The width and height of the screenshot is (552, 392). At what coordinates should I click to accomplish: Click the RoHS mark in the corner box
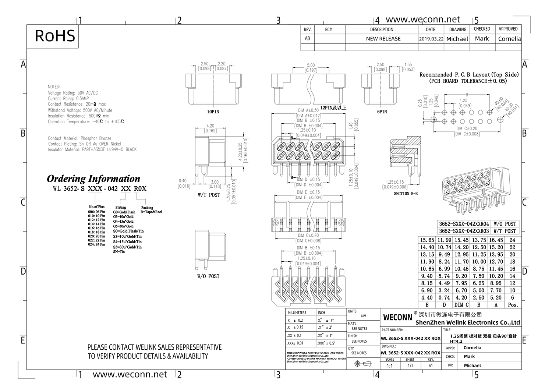click(55, 36)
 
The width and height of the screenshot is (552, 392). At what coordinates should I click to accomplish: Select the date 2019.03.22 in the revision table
click(431, 39)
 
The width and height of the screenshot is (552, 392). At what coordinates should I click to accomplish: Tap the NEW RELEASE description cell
click(383, 39)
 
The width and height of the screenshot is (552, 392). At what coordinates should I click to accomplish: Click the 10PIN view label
click(213, 112)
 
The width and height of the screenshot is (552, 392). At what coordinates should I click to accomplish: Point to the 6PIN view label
click(382, 112)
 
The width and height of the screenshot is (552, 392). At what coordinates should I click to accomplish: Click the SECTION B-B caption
click(406, 193)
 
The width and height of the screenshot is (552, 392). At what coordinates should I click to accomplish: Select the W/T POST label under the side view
click(209, 195)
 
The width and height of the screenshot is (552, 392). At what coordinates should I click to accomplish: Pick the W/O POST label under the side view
click(208, 276)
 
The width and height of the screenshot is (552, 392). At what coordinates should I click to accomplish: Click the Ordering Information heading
click(93, 179)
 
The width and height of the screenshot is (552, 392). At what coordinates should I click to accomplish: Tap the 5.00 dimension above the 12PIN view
click(311, 65)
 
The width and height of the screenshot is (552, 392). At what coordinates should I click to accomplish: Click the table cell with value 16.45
click(496, 240)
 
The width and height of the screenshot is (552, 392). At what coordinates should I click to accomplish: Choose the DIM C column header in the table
click(461, 305)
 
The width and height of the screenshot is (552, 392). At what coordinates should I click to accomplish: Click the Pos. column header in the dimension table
click(513, 305)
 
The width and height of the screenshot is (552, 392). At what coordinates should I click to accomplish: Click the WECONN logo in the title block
click(397, 317)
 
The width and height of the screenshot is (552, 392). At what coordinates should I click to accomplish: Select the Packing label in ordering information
click(147, 208)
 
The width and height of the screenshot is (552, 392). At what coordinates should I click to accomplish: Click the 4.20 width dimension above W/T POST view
click(210, 126)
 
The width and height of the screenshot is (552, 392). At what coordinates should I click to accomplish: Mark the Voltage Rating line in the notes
click(73, 93)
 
